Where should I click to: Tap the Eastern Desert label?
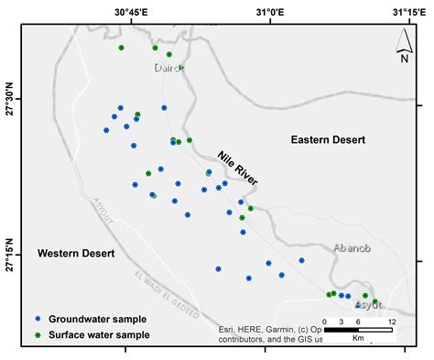coord(328,140)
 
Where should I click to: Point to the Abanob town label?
coord(353,248)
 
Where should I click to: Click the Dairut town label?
coord(169,67)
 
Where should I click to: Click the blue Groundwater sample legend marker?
coord(38,320)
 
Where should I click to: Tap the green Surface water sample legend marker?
coord(38,335)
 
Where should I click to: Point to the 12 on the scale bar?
coord(391,322)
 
